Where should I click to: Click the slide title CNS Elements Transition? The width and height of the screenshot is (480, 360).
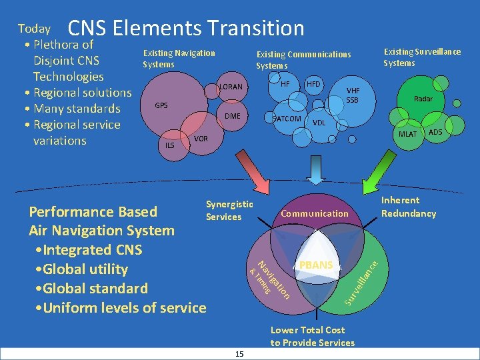pos(186,28)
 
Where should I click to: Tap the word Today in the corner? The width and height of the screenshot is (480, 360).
pos(34,29)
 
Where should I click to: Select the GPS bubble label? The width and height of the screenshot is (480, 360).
pos(161,105)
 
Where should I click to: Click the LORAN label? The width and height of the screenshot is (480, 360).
pos(231,87)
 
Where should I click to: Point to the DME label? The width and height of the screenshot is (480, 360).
pos(232,116)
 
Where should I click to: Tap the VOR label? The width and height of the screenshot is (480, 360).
pos(201,139)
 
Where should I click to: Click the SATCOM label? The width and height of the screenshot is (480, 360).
pos(288,119)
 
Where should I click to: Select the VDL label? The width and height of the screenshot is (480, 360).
pos(319,123)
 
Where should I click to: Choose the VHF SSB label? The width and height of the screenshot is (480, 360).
pos(352,95)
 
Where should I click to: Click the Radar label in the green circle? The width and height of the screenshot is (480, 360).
pos(423,99)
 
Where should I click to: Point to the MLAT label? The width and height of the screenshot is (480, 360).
pos(407,135)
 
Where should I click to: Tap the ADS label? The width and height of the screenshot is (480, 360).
pos(435,132)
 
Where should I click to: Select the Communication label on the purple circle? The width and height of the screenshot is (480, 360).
pos(315,213)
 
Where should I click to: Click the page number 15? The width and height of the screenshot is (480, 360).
pos(239,353)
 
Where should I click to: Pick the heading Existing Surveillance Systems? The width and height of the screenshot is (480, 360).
pos(421,57)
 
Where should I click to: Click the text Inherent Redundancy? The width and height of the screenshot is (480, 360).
pos(408,207)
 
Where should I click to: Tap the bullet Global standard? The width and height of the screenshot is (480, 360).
pos(93,289)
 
